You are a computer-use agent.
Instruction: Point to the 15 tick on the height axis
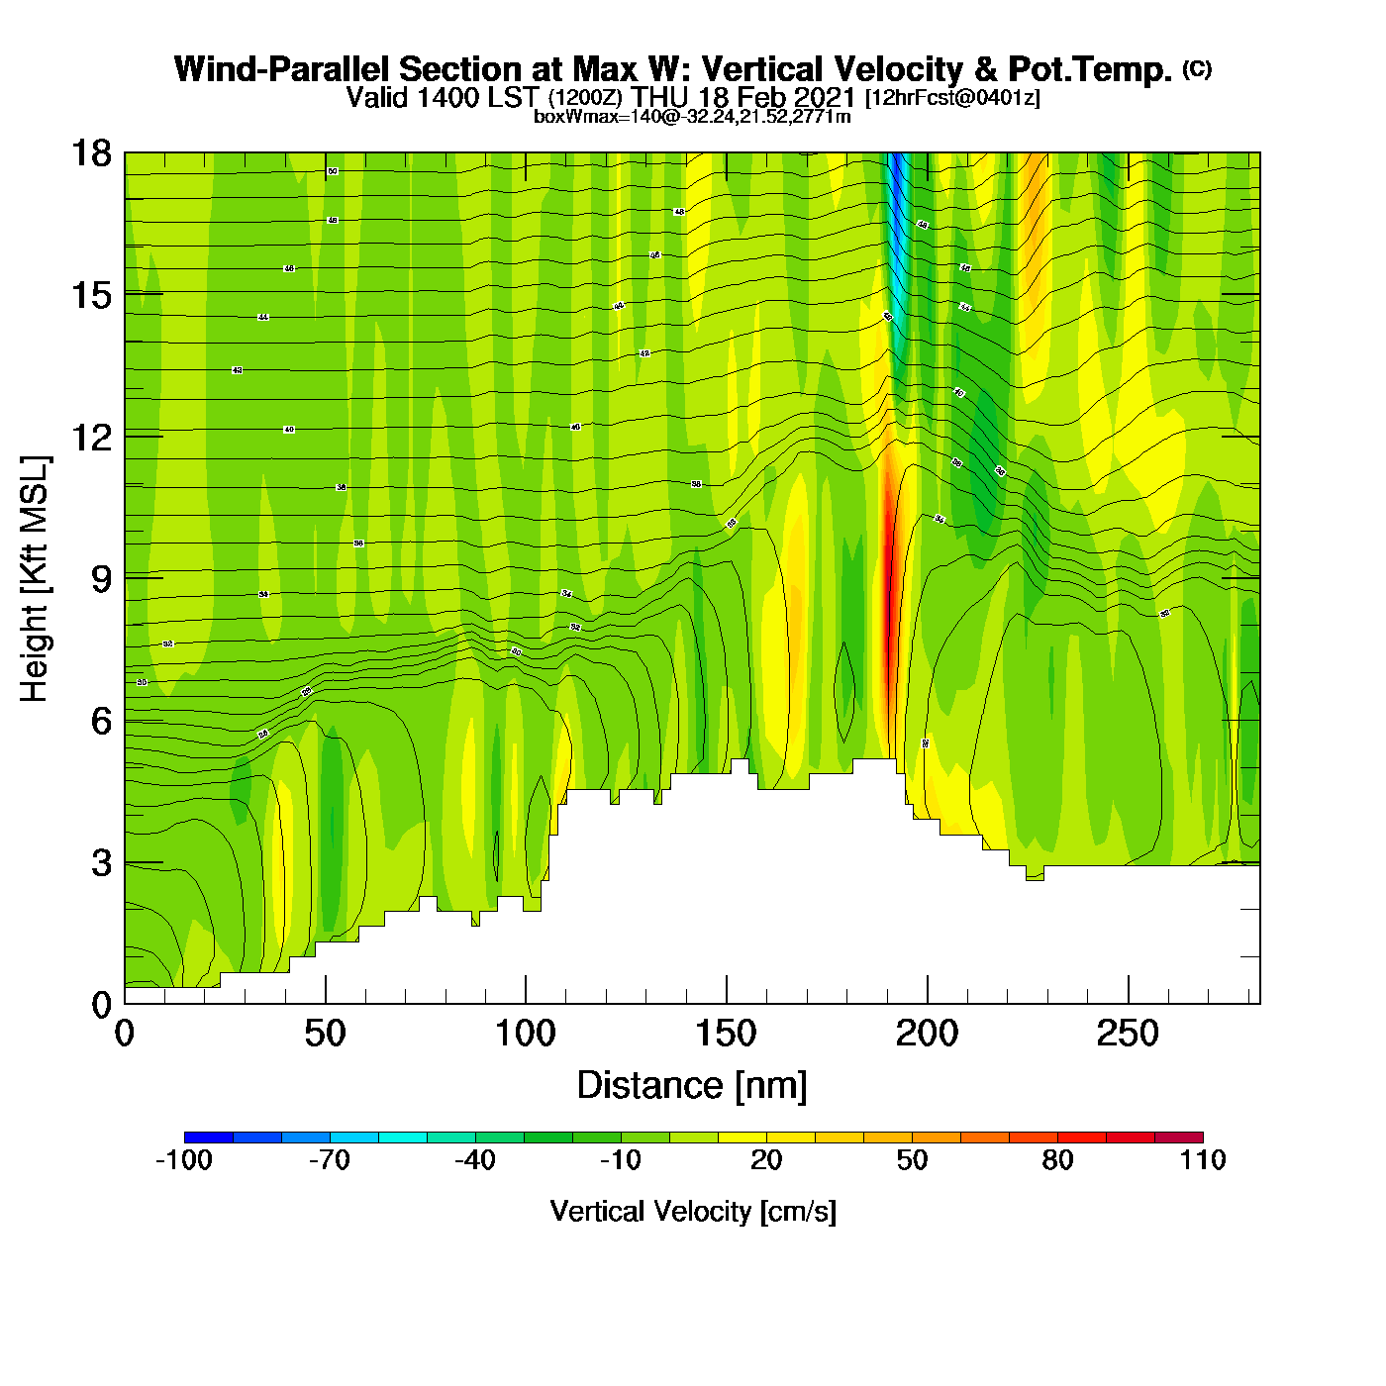click(90, 295)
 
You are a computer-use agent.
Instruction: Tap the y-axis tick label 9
click(101, 579)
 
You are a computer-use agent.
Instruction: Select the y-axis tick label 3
click(101, 863)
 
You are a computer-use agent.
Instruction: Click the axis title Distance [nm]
click(692, 1085)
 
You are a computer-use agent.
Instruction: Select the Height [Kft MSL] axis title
click(36, 579)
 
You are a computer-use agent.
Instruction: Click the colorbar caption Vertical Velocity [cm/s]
click(693, 1211)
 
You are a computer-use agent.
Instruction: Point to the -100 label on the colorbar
click(184, 1160)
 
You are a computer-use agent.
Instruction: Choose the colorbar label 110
click(1203, 1160)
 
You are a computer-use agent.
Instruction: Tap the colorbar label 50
click(912, 1160)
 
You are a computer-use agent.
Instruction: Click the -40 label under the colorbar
click(475, 1160)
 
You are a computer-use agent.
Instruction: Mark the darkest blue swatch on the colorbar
click(208, 1137)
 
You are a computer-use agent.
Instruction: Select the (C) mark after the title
click(1197, 68)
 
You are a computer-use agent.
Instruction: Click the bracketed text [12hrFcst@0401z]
click(952, 98)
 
